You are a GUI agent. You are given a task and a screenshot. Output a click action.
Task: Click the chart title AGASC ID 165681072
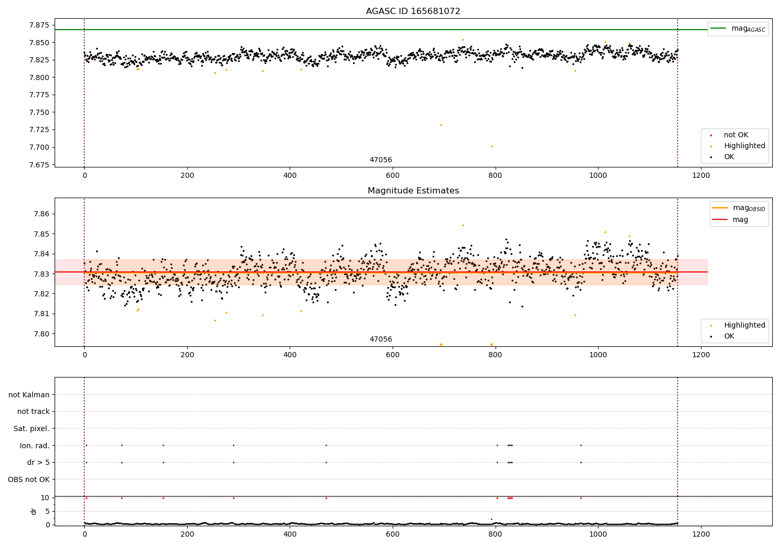tap(413, 11)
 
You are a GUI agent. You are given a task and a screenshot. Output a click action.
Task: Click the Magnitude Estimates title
tap(413, 191)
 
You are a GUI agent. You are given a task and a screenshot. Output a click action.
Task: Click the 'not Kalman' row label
tap(29, 395)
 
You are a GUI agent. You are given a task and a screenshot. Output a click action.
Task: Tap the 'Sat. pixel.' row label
tap(31, 428)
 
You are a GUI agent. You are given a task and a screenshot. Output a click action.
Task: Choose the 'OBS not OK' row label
tap(29, 479)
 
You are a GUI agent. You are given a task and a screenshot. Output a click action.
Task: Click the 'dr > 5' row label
tap(38, 462)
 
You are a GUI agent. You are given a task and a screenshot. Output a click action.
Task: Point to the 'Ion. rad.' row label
tap(34, 446)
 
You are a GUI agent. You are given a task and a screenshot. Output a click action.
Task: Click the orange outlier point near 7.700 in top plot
tap(491, 146)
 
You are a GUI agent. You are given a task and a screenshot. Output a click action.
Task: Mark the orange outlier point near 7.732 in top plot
tap(441, 125)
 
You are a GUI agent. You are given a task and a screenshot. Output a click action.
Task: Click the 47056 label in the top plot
tap(381, 160)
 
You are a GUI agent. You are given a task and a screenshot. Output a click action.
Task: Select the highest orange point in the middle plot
tap(463, 225)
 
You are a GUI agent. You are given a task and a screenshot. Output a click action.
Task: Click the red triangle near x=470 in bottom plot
tap(326, 498)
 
